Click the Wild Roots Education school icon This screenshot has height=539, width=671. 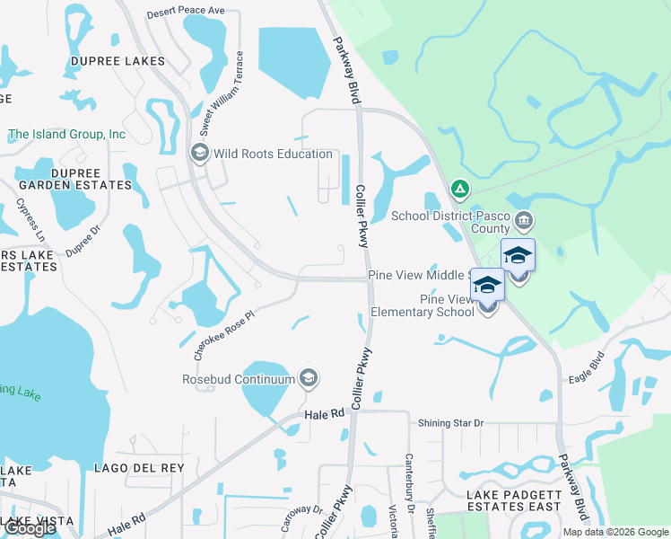coord(199,154)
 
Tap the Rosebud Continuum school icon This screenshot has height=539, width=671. coord(309,378)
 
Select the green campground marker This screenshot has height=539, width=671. coord(459,189)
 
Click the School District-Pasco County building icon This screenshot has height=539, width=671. coord(527,219)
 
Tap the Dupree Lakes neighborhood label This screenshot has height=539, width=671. coord(118,61)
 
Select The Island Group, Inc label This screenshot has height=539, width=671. coord(67,135)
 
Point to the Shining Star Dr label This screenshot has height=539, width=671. coord(450,423)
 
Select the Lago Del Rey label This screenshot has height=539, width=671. coord(139,468)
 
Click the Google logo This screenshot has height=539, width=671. coord(30,528)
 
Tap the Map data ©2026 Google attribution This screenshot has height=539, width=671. coord(614,532)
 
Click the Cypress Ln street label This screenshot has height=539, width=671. coord(30,219)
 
